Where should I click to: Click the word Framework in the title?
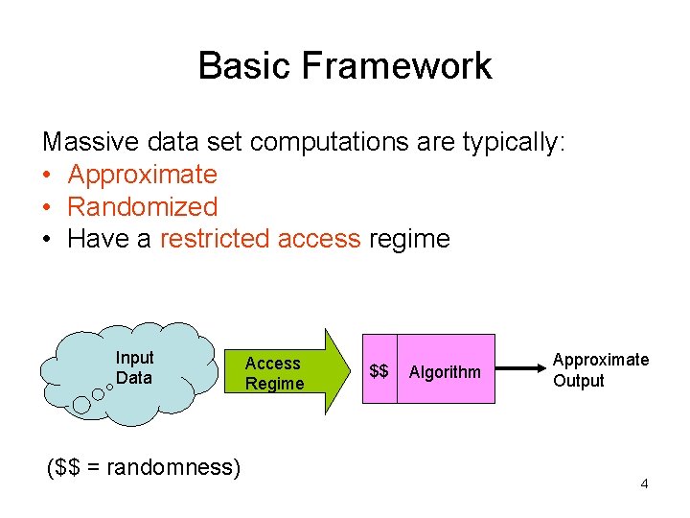click(396, 66)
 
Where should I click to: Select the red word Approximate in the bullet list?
click(143, 175)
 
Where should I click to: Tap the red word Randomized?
click(143, 206)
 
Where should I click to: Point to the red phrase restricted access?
click(260, 239)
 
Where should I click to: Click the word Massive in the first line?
click(91, 143)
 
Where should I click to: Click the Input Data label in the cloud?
click(134, 368)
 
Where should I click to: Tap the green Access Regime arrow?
click(287, 373)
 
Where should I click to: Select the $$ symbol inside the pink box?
click(379, 371)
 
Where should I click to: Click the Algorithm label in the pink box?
click(445, 372)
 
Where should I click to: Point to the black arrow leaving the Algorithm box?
click(523, 368)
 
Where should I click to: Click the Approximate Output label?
click(601, 369)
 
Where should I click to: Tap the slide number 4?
click(644, 483)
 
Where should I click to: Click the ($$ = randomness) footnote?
click(144, 467)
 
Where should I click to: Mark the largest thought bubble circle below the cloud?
click(82, 406)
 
